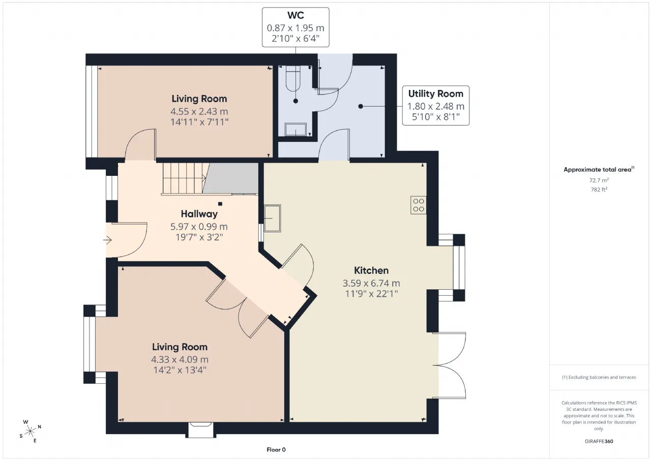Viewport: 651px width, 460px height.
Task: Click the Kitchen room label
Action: click(x=371, y=270)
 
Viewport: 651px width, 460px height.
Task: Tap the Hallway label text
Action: click(x=199, y=214)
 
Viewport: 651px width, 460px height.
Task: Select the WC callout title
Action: click(x=295, y=15)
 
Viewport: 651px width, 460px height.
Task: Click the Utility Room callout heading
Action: click(x=435, y=94)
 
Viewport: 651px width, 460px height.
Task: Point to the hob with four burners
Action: click(x=419, y=205)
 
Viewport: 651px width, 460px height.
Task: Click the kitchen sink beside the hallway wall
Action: click(x=272, y=218)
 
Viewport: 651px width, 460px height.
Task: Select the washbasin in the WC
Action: click(x=295, y=130)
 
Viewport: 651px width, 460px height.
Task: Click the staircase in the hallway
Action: click(x=184, y=178)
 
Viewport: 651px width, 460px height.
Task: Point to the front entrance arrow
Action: click(x=107, y=240)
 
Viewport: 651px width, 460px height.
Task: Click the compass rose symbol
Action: click(x=30, y=431)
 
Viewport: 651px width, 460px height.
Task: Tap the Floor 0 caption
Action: click(x=276, y=449)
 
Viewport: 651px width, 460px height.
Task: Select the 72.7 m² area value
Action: click(x=599, y=180)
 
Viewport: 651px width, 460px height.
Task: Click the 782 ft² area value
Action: click(x=599, y=190)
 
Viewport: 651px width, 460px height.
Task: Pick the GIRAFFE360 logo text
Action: click(x=599, y=441)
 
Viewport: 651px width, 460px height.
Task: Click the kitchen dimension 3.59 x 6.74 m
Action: click(x=371, y=283)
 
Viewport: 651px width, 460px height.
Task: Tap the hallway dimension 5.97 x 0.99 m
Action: click(x=199, y=227)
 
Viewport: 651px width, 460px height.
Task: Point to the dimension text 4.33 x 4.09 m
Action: click(x=180, y=359)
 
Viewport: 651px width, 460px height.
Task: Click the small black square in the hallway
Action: click(x=220, y=204)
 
